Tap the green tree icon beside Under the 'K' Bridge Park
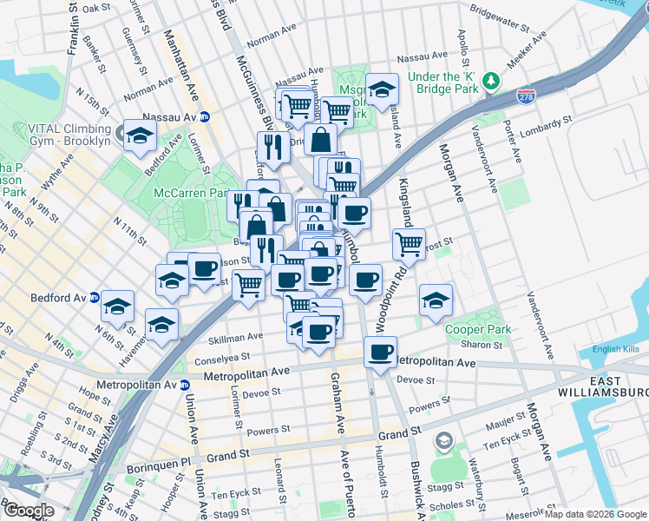[491, 81]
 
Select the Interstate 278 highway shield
[526, 96]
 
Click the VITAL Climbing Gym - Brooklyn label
[56, 133]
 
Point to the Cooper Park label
[477, 329]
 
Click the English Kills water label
[615, 350]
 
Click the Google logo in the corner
[29, 511]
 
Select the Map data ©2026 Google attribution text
[595, 514]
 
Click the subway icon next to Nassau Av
[205, 116]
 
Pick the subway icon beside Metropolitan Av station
[184, 384]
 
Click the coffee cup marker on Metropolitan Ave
[380, 352]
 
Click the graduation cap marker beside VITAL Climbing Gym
[140, 135]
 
